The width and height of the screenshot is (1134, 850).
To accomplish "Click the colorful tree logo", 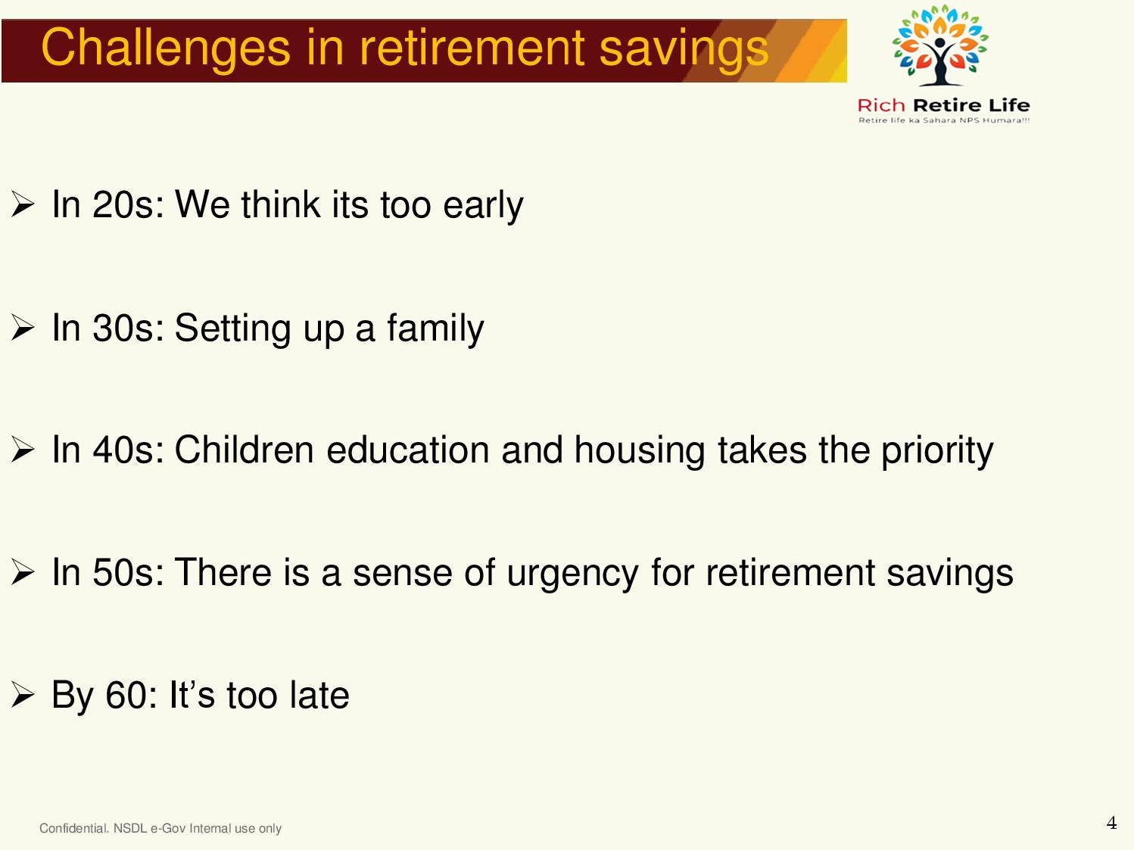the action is click(940, 45).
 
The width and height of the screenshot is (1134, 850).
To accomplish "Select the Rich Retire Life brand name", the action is click(943, 105).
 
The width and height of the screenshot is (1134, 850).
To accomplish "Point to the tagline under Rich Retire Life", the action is click(944, 120).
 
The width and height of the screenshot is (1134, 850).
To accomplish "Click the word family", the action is click(435, 329).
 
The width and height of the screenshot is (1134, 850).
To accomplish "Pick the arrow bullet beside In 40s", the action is click(23, 450).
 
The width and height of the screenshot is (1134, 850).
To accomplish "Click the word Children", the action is click(244, 450).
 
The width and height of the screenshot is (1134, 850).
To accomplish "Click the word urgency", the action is click(572, 574).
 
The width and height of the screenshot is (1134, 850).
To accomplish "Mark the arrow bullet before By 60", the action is click(23, 694).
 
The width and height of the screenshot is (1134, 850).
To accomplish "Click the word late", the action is click(319, 695).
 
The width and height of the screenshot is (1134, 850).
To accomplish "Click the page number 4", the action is click(1112, 823).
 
